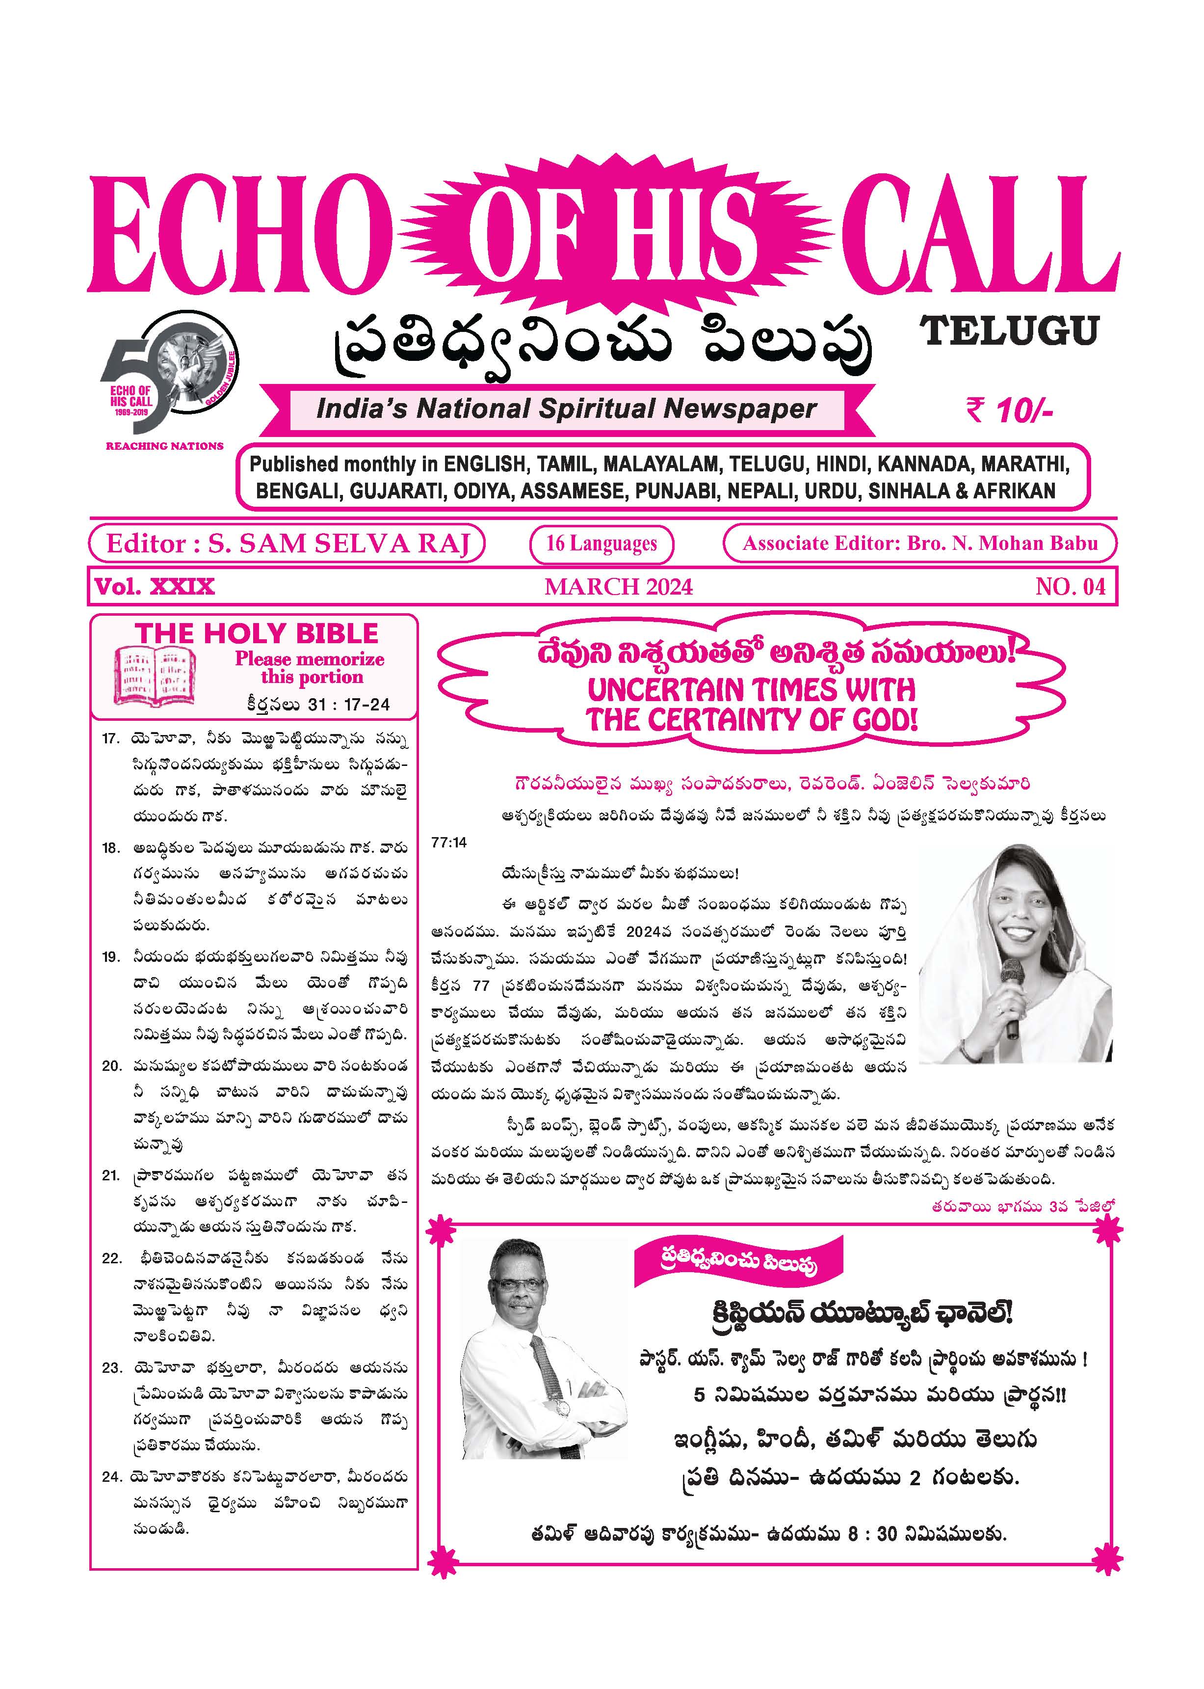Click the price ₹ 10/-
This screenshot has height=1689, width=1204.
pos(1008,410)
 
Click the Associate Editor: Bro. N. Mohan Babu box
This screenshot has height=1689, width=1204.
pos(919,544)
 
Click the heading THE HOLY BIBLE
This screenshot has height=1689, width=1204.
pos(257,633)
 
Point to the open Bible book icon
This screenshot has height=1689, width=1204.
pos(155,676)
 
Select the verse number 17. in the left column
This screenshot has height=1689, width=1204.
pos(111,739)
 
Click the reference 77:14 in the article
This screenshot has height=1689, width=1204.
pos(449,844)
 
